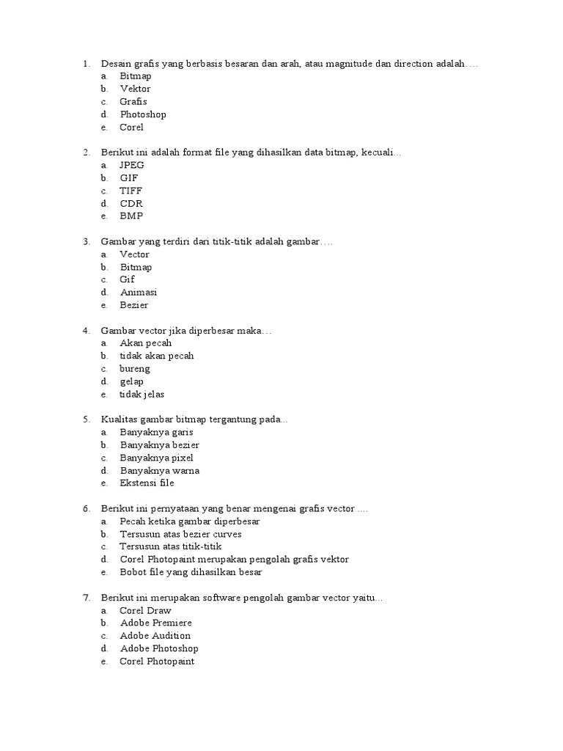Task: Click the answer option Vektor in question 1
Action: (x=135, y=89)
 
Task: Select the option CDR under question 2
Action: (x=132, y=203)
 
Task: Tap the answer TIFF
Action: (x=131, y=191)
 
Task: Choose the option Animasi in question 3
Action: (x=139, y=292)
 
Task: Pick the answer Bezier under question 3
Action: (x=134, y=305)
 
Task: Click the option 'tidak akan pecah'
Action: (x=157, y=356)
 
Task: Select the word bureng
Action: (x=135, y=368)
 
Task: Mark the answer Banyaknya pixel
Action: (x=157, y=458)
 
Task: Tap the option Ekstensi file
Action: (x=147, y=483)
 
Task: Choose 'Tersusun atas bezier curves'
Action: (x=181, y=534)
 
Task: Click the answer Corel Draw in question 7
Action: (x=146, y=610)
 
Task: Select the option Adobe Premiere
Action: (x=156, y=623)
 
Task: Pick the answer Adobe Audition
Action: (x=155, y=635)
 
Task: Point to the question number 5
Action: (x=86, y=420)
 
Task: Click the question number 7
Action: (x=86, y=598)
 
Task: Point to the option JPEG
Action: (x=132, y=165)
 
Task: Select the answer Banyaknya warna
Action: (x=160, y=470)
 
